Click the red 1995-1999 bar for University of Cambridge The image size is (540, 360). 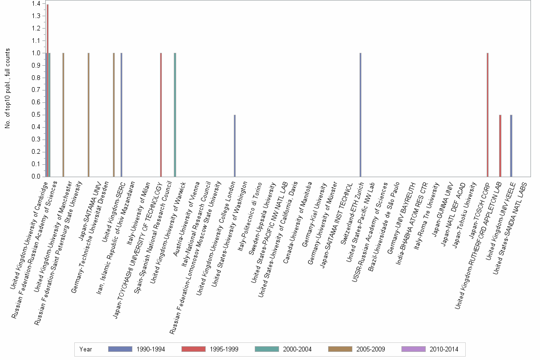tap(48, 90)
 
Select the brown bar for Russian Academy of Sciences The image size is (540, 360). tap(63, 115)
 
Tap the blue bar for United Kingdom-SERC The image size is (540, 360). tap(121, 115)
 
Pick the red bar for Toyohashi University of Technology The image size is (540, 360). tap(161, 115)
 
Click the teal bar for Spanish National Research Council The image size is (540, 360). tap(175, 115)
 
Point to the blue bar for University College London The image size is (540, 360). tap(235, 146)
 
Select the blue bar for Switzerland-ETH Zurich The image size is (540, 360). tap(360, 115)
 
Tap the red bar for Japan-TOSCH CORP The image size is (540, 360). tap(488, 115)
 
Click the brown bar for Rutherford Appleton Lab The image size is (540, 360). tap(500, 146)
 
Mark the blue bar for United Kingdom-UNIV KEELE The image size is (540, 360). tap(511, 146)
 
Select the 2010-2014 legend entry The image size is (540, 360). tap(430, 350)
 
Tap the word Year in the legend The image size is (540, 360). tap(86, 350)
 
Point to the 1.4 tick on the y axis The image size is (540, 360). tap(36, 4)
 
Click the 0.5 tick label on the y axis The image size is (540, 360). tap(36, 115)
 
